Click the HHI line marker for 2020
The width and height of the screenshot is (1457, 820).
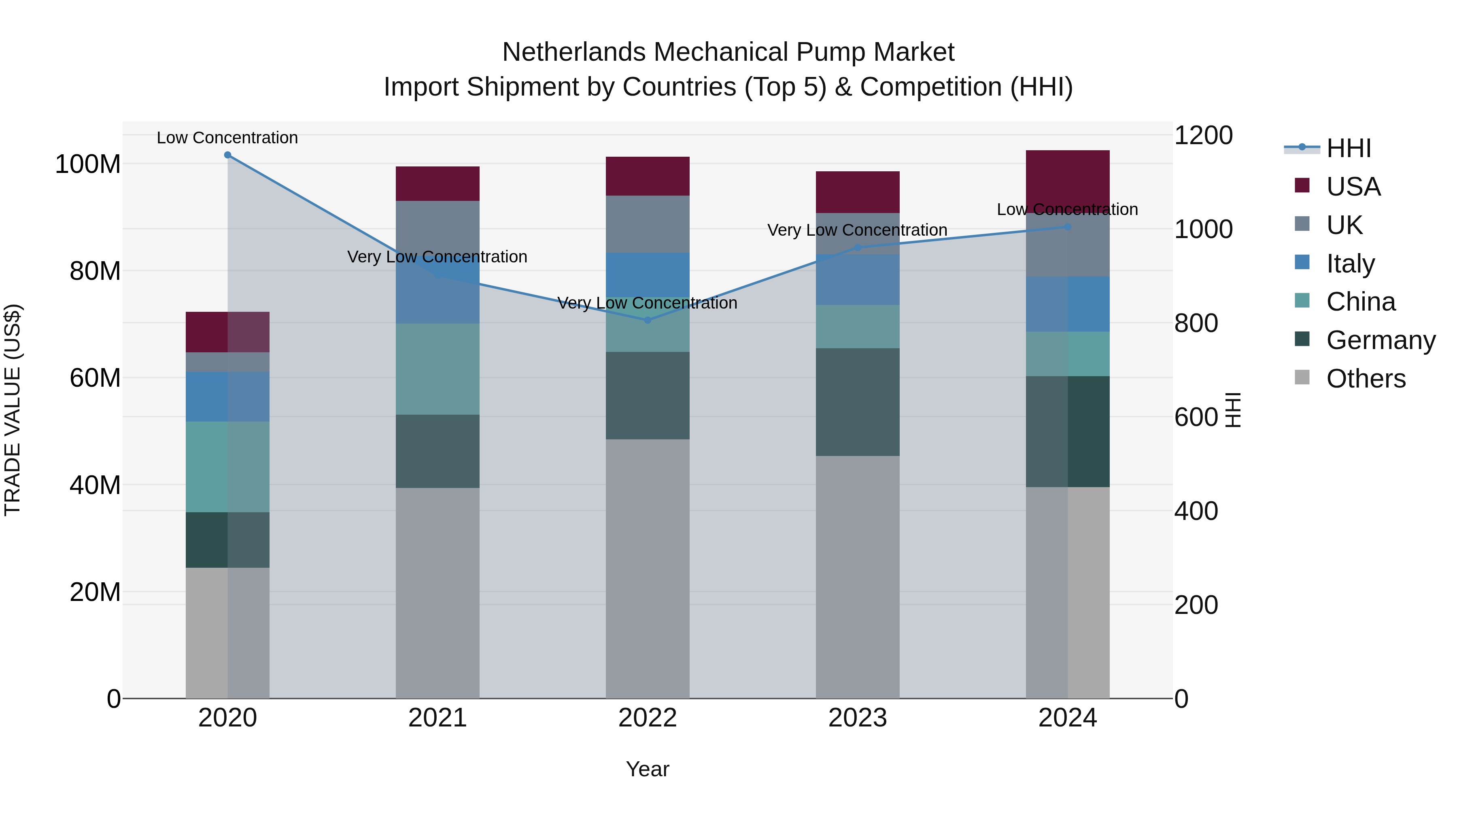tap(227, 155)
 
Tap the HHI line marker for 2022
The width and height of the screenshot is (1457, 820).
tap(648, 320)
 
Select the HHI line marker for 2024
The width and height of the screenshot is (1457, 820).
tap(1067, 227)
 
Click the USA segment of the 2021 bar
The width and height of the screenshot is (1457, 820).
tap(437, 184)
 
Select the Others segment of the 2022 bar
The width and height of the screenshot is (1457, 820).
tap(648, 569)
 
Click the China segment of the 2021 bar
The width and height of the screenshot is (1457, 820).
tap(437, 369)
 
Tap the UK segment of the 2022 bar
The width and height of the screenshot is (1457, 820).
tap(648, 224)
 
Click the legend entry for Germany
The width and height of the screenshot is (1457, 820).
tap(1380, 341)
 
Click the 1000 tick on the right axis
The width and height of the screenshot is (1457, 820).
tap(1204, 229)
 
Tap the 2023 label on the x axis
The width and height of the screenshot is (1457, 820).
tap(858, 718)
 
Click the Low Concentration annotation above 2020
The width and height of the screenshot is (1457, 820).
tap(227, 138)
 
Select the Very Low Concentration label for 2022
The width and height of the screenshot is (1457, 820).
tap(648, 303)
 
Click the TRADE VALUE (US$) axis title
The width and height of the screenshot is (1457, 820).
tap(13, 410)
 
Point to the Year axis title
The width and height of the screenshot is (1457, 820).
tap(648, 769)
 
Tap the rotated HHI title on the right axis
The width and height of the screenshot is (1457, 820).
tap(1233, 410)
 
